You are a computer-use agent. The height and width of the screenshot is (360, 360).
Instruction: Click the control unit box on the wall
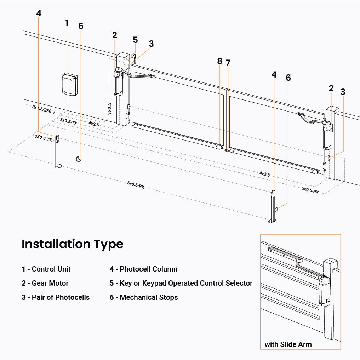coord(70,84)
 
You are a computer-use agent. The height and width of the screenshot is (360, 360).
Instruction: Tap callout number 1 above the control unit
coord(67,23)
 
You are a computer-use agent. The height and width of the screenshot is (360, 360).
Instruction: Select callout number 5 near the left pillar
coord(135,40)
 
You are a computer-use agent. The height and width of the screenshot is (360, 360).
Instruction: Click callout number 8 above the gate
coord(219,61)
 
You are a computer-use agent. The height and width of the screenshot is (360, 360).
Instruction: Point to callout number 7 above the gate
coord(228,63)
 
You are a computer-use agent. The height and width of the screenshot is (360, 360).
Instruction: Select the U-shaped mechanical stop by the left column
coord(78,159)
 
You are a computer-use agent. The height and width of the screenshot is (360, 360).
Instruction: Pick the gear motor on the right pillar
coord(327,136)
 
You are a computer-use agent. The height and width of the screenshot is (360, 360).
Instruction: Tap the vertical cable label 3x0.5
coord(110,108)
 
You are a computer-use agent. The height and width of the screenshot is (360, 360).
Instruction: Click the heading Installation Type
coord(73,244)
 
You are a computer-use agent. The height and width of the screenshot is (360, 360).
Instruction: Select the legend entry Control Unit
coord(46,269)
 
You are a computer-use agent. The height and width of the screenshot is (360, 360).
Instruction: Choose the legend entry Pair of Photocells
coord(56,297)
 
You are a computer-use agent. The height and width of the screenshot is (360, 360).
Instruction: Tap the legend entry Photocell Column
coord(144,269)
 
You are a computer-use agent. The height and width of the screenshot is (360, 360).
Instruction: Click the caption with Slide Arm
coord(288,344)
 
